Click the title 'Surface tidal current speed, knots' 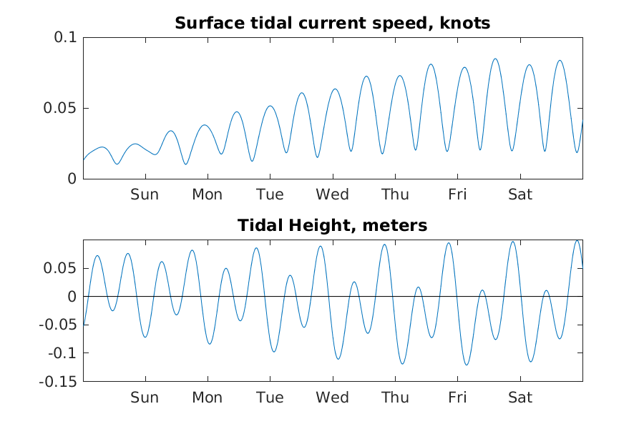click(332, 23)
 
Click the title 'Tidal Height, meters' click(332, 226)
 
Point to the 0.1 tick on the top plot click(66, 38)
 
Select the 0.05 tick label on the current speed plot click(61, 108)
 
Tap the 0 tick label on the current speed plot click(71, 179)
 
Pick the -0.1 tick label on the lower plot click(63, 353)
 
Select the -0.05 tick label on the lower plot click(60, 325)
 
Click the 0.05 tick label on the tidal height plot click(62, 268)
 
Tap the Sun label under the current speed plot click(145, 194)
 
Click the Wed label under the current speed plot click(332, 194)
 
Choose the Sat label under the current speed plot click(520, 194)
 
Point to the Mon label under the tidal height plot click(207, 398)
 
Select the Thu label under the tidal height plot click(395, 398)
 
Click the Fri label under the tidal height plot click(457, 398)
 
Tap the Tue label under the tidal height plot click(270, 398)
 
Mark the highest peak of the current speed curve click(495, 59)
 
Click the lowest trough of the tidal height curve click(467, 365)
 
